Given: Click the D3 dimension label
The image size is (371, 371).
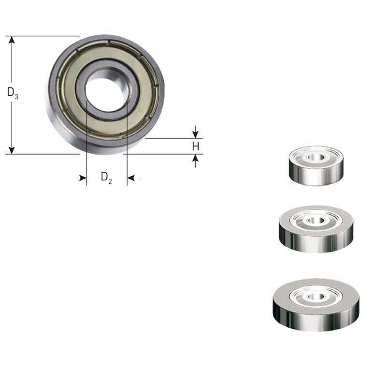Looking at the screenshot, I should (13, 93).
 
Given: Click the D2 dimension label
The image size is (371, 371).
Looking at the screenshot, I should (106, 177).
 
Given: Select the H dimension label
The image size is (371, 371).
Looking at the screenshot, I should (195, 146).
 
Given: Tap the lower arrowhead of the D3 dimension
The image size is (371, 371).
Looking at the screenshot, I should (12, 150).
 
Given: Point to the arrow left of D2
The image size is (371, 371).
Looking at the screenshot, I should (80, 178).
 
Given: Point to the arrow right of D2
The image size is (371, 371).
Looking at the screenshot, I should (133, 178).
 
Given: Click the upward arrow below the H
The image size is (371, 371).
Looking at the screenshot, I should (195, 159).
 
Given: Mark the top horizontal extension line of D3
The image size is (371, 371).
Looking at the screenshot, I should (43, 36).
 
